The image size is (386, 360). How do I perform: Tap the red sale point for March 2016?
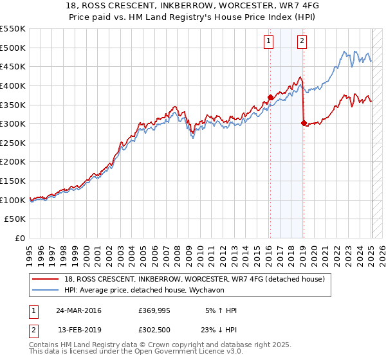(270, 97)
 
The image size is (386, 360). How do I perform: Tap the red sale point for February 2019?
(304, 123)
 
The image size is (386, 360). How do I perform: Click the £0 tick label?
(20, 238)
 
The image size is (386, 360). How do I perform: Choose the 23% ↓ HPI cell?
(217, 331)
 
